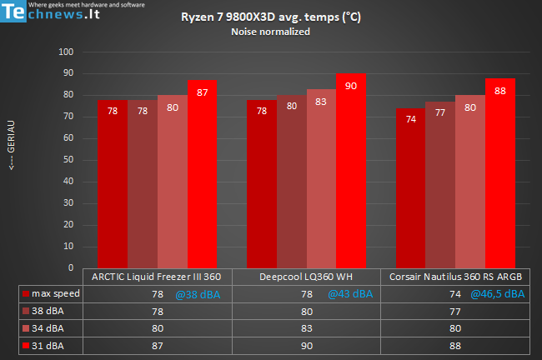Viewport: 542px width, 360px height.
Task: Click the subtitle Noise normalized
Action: click(270, 32)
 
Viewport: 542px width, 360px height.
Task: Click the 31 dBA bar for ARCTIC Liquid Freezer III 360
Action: click(202, 174)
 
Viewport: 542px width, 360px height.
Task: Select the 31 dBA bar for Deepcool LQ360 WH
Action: click(351, 171)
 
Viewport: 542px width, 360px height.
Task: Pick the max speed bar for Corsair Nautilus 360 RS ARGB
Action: click(410, 188)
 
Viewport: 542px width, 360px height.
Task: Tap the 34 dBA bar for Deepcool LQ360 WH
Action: click(321, 178)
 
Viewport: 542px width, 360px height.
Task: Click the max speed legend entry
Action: click(52, 293)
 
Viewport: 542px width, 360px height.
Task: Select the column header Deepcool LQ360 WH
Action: click(306, 277)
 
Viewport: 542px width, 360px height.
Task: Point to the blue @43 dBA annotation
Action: click(349, 293)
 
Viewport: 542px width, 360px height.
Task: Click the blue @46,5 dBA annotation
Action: click(498, 293)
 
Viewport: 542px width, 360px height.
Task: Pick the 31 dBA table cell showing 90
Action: click(306, 345)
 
